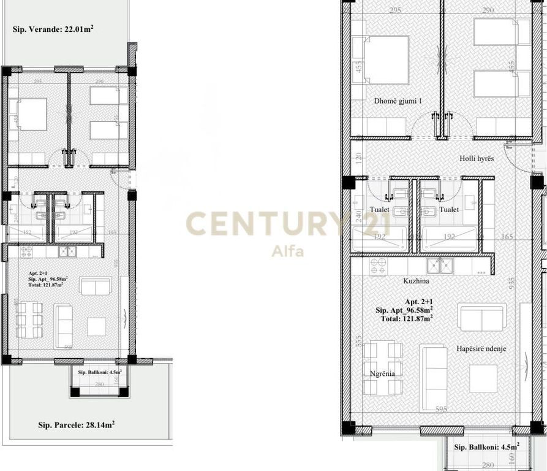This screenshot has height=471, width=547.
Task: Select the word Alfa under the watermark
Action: coord(288,251)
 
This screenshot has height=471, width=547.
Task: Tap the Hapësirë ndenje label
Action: coord(481,348)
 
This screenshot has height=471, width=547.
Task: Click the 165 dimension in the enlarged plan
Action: coord(507,235)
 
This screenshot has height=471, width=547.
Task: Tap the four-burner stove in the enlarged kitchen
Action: coord(377,265)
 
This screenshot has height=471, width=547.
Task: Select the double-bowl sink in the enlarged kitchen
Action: coord(440,265)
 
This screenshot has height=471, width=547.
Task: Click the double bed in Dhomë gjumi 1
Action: coord(387,59)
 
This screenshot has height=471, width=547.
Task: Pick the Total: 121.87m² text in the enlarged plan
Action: coord(404,318)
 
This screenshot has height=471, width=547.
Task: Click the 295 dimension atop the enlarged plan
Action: coord(395,10)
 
